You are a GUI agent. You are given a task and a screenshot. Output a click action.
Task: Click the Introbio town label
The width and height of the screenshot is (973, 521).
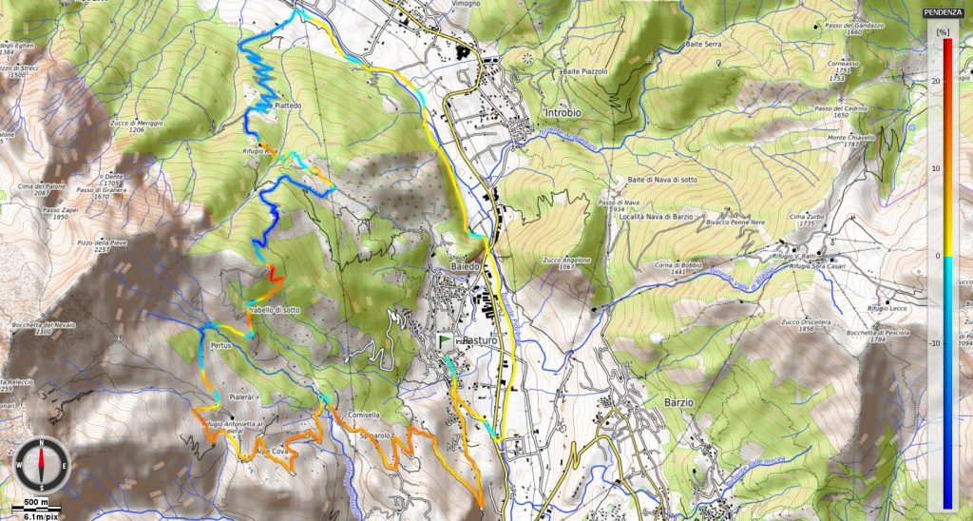click(x=566, y=113)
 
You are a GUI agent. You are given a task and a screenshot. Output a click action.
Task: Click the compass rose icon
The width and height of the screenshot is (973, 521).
click(x=42, y=463)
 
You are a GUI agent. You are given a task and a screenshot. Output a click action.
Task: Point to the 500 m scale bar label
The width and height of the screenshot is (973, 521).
click(x=36, y=501)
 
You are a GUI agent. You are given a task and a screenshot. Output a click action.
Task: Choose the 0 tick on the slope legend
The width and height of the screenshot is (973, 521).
click(x=937, y=256)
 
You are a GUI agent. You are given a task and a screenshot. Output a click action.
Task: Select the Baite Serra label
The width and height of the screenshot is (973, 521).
click(x=705, y=45)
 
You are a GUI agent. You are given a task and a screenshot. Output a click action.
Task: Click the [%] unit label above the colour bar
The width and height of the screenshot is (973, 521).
click(x=943, y=31)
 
